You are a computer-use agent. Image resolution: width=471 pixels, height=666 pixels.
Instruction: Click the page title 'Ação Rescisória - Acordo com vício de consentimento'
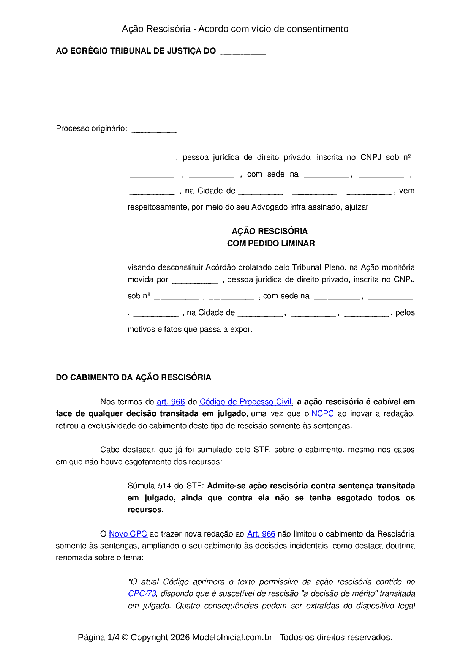coord(235,29)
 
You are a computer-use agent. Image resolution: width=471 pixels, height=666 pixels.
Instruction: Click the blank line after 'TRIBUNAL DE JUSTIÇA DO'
coord(243,52)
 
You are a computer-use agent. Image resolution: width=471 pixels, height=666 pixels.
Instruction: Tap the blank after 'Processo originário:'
coord(154,129)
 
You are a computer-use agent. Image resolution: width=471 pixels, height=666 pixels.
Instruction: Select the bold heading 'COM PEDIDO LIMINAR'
coord(271,243)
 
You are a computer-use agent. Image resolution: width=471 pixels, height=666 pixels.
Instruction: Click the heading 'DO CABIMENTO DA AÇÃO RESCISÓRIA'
coord(133,377)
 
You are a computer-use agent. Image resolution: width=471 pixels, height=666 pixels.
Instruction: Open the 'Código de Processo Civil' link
coord(245,402)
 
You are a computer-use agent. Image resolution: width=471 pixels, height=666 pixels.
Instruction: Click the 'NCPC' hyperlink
coord(322,413)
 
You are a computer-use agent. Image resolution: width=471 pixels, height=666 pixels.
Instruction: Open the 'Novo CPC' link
coord(128,534)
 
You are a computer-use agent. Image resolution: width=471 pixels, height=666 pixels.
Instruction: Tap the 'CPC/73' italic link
coord(142,593)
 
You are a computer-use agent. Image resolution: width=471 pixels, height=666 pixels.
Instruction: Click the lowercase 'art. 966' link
coord(171,402)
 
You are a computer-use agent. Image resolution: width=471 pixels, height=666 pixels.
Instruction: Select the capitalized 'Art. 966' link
coord(261,534)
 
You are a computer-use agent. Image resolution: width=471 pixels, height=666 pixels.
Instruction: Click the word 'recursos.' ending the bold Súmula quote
coord(145,510)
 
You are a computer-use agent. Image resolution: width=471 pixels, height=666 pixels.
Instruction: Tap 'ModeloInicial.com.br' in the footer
coord(232,637)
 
